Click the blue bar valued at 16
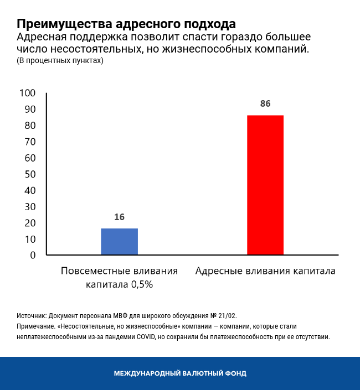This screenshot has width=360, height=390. pyautogui.click(x=119, y=242)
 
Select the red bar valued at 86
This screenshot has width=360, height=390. pyautogui.click(x=265, y=185)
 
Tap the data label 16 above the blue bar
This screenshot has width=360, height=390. pyautogui.click(x=119, y=217)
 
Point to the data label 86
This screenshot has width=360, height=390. pyautogui.click(x=265, y=104)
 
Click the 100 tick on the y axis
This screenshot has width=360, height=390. pyautogui.click(x=27, y=93)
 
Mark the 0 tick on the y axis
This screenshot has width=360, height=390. pyautogui.click(x=33, y=255)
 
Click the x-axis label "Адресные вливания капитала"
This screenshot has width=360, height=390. pyautogui.click(x=265, y=272)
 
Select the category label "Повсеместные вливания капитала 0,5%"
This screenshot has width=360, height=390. pyautogui.click(x=119, y=278)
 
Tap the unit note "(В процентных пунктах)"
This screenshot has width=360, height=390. pyautogui.click(x=60, y=61)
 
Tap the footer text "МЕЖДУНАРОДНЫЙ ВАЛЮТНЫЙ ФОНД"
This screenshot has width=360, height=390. pyautogui.click(x=180, y=373)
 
